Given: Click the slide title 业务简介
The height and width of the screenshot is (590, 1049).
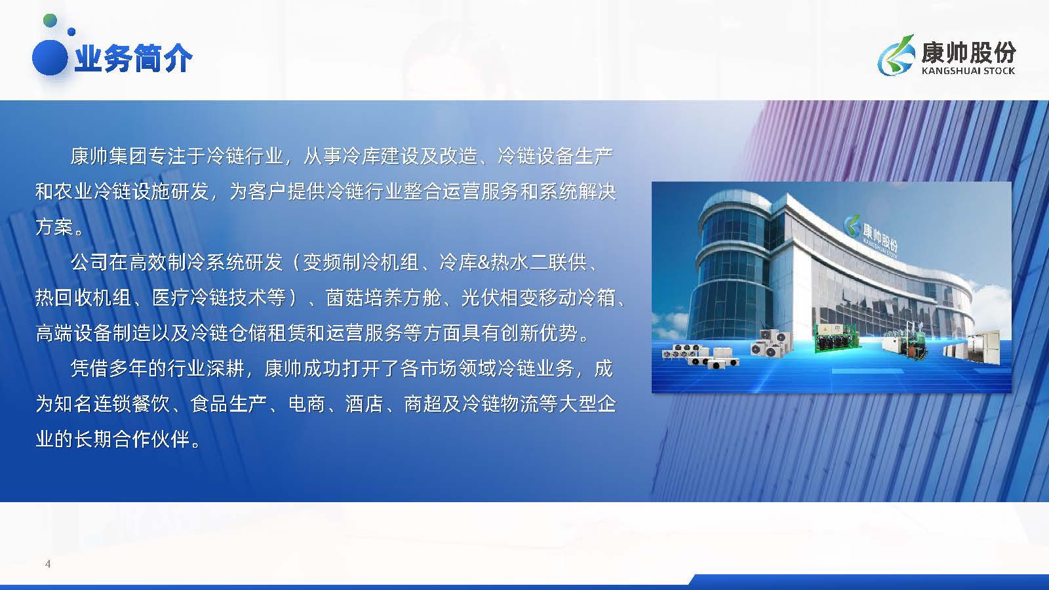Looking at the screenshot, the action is pos(134,58).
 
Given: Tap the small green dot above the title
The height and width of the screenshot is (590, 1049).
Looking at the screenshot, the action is pos(50,20).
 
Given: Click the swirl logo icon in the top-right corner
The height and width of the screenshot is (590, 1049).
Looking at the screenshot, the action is pos(896,55).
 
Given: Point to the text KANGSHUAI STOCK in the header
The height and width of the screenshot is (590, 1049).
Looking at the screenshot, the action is pos(968,71).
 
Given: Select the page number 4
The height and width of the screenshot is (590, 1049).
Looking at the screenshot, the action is pos(48,564).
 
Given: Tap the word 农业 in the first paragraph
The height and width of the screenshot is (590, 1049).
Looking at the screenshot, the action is pos(74,191).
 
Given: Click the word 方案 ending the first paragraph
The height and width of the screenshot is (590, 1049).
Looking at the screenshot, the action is pos(54,227).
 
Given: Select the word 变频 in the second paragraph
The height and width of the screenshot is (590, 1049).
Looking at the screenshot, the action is pos(322,262).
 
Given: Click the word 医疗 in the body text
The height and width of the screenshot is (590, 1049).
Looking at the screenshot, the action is pos(171,298).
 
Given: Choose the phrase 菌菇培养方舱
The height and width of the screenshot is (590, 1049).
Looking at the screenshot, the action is pos(383,298).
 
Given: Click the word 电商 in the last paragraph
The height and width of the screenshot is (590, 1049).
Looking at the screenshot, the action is pos(307,404).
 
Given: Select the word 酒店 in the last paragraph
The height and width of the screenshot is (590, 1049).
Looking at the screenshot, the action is pos(365,404).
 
